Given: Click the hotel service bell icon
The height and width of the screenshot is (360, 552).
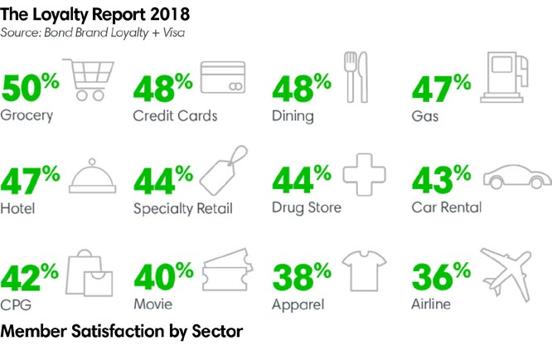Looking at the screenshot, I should [x=89, y=175].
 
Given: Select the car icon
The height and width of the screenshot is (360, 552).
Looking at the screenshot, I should [x=516, y=176].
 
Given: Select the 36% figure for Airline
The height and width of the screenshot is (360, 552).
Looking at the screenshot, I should [x=442, y=276].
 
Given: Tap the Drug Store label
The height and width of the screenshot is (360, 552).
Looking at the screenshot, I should [x=306, y=208].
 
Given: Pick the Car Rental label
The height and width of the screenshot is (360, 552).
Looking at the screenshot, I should [x=446, y=208].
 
